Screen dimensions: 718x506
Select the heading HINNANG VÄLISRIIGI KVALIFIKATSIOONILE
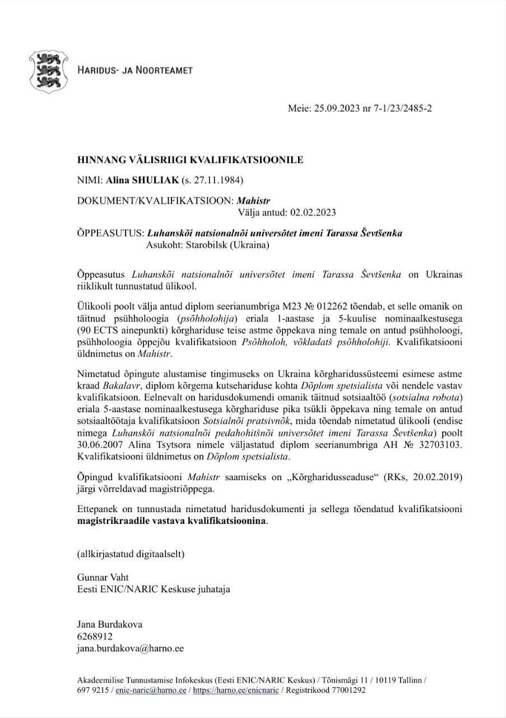pos(190,160)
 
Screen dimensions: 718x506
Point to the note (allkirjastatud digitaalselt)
pos(131,554)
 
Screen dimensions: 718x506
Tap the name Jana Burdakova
pos(110,624)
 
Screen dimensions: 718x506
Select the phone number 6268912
pos(95,636)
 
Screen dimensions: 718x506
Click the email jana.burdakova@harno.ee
pos(130,648)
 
